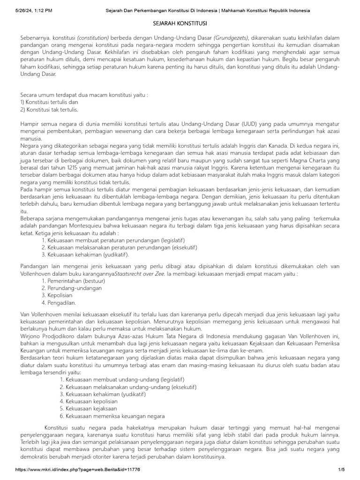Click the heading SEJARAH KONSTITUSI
click(180, 23)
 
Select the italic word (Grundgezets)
click(232, 37)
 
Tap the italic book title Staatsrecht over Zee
click(140, 273)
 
